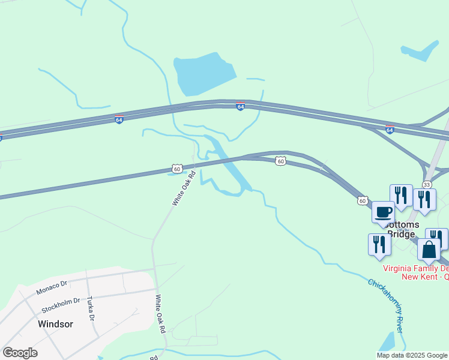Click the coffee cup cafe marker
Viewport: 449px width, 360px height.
tap(383, 212)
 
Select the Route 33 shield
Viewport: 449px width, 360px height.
tap(426, 184)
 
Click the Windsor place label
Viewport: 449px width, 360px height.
tap(55, 324)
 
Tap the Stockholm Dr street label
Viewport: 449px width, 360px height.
tap(61, 305)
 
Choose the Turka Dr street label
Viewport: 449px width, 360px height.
tap(91, 308)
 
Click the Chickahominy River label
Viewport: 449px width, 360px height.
tap(385, 305)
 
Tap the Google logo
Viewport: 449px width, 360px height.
tap(20, 353)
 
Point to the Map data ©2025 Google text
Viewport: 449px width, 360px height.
tap(412, 355)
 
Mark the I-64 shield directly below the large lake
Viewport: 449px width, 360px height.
tap(240, 106)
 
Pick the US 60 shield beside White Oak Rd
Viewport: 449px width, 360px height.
tap(176, 169)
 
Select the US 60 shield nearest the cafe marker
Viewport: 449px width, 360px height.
tap(362, 200)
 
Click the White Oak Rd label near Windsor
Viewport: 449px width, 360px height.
tap(160, 314)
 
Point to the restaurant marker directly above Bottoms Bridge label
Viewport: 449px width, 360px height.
tap(401, 195)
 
